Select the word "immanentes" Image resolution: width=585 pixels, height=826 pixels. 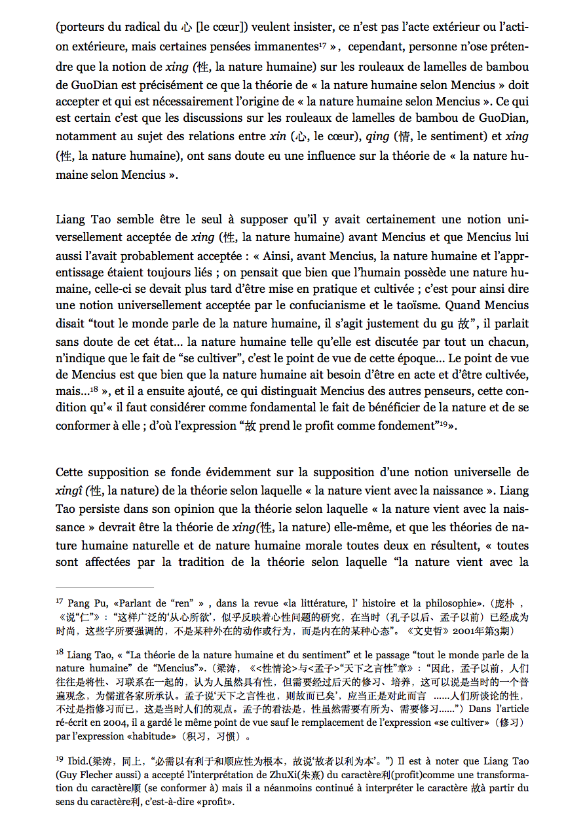[x=286, y=47]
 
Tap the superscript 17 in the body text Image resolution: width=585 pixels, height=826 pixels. [x=322, y=45]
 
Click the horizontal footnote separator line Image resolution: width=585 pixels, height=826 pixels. [x=105, y=587]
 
